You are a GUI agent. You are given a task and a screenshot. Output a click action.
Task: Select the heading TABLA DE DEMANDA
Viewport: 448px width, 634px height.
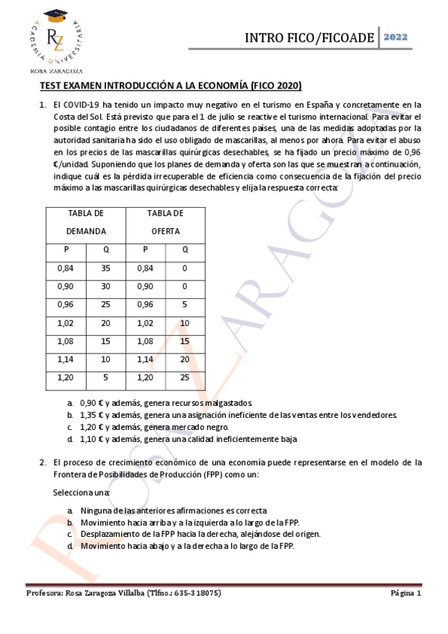pyautogui.click(x=86, y=222)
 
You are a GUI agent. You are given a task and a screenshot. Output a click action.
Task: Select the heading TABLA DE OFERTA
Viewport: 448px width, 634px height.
pyautogui.click(x=165, y=222)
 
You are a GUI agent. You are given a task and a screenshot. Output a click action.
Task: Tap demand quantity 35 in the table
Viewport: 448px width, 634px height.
pyautogui.click(x=105, y=268)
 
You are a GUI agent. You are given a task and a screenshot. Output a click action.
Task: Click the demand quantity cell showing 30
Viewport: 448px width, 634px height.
pyautogui.click(x=105, y=286)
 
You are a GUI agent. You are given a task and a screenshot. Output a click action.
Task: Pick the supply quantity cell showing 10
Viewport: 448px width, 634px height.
pyautogui.click(x=185, y=323)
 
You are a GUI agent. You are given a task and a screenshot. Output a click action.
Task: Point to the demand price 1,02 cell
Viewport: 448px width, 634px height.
pyautogui.click(x=67, y=323)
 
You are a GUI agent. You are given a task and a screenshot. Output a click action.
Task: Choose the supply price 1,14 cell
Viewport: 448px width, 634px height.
pyautogui.click(x=145, y=360)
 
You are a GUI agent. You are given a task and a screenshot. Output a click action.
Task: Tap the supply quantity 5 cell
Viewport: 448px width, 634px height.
pyautogui.click(x=185, y=304)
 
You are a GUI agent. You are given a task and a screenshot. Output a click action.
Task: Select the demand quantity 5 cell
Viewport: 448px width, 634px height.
pyautogui.click(x=105, y=378)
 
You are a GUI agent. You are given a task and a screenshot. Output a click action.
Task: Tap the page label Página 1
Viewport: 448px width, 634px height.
pyautogui.click(x=405, y=593)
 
